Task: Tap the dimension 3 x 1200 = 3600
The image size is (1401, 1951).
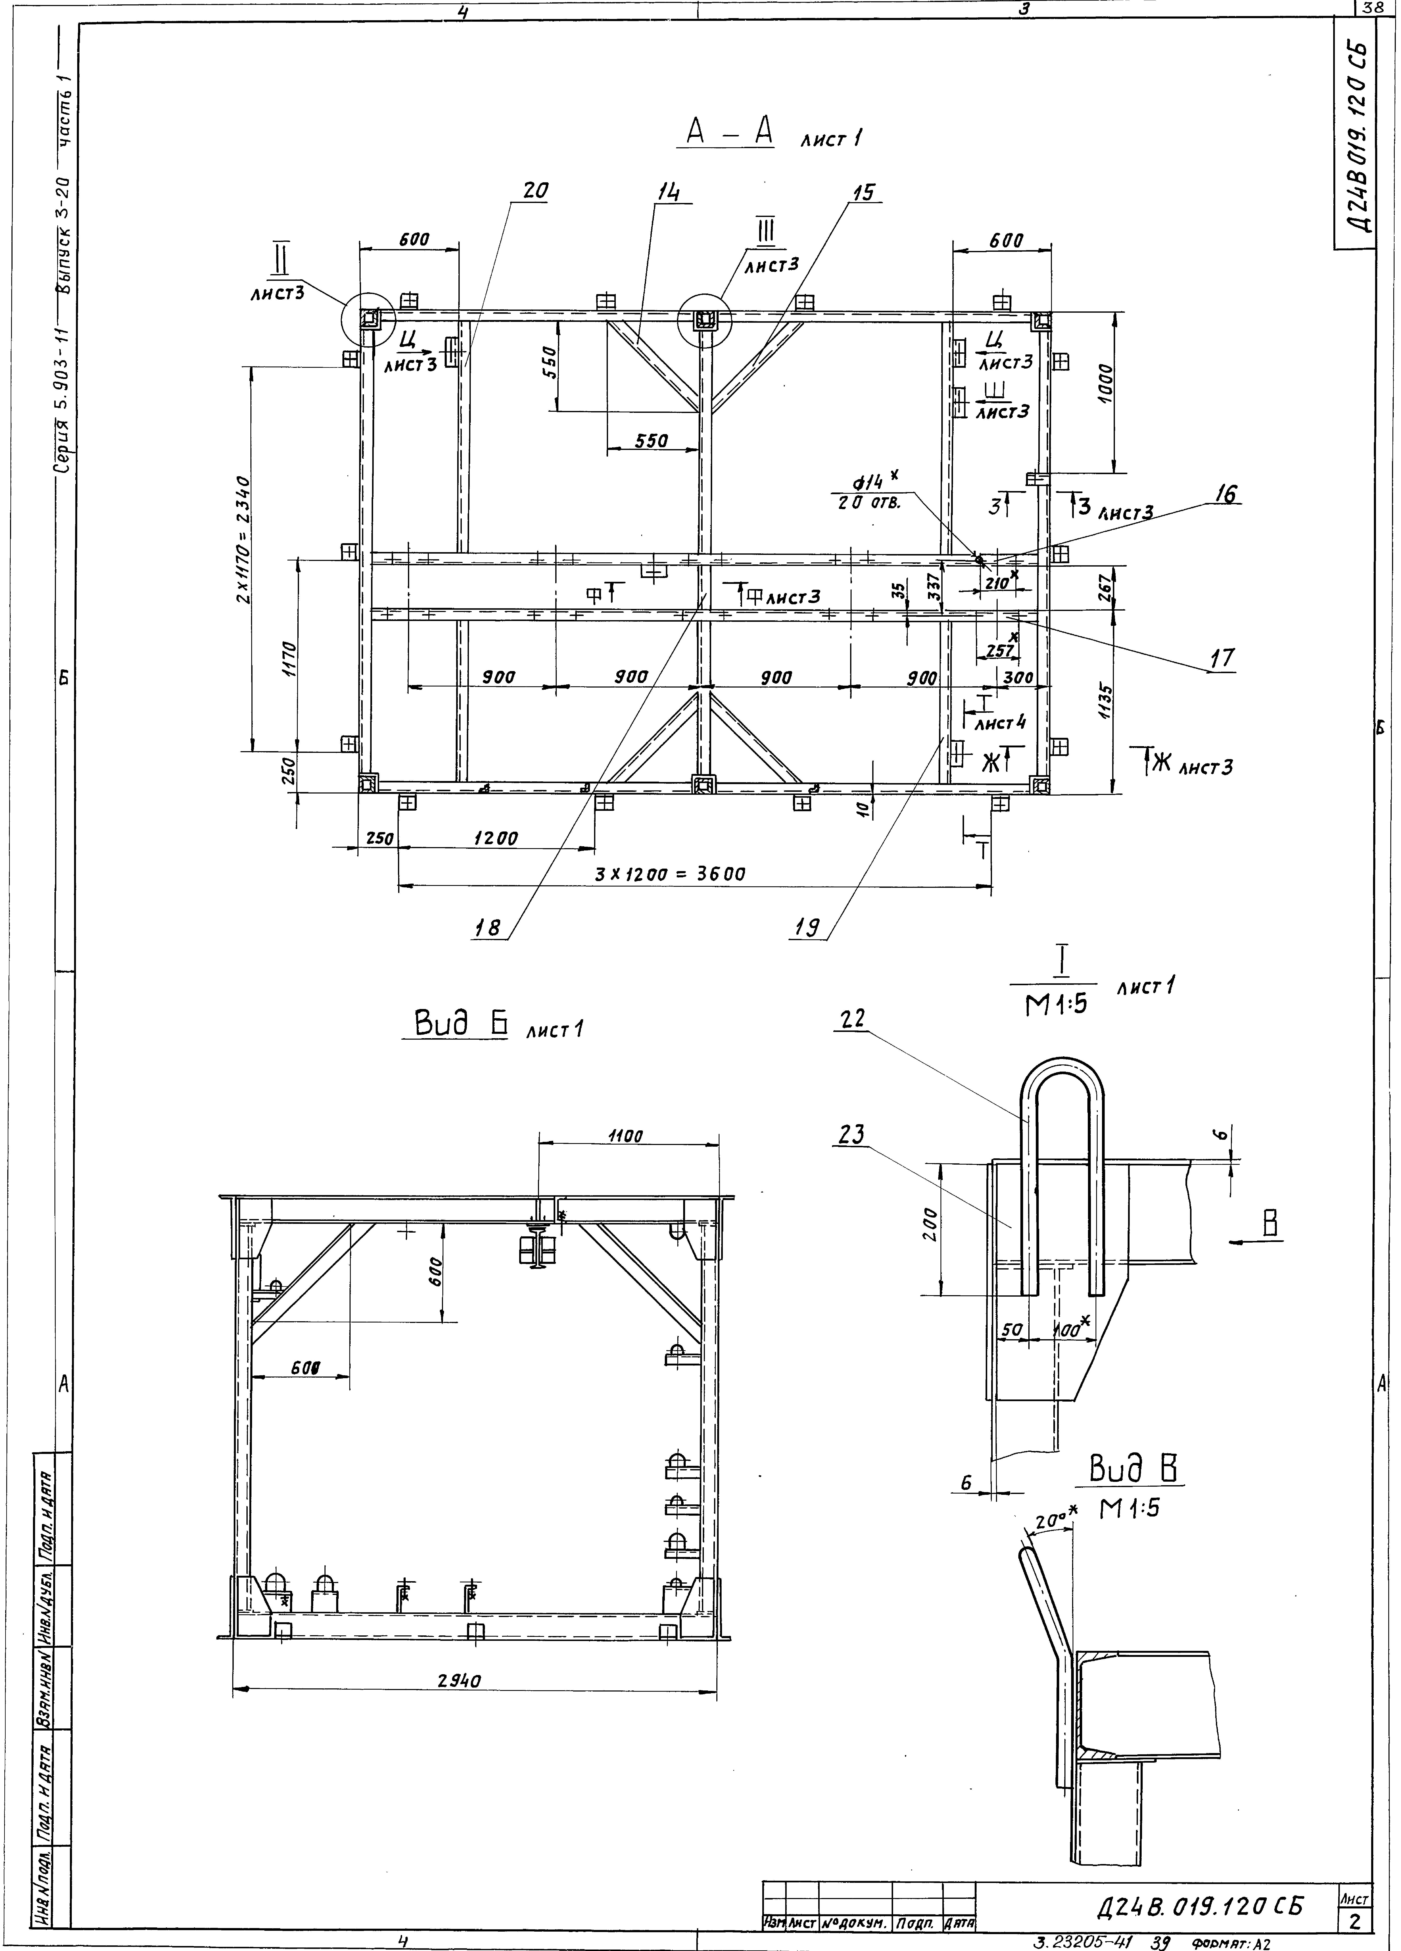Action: pyautogui.click(x=670, y=874)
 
